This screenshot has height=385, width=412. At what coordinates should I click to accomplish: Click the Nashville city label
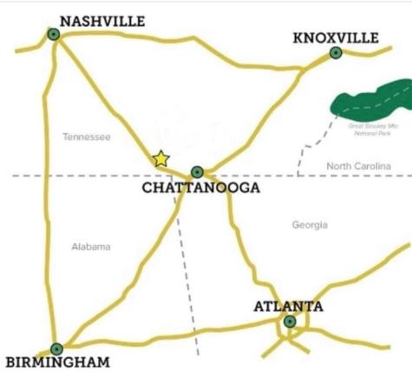(102, 21)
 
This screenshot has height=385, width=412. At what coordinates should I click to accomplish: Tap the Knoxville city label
(336, 37)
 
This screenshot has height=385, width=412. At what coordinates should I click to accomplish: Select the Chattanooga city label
(200, 189)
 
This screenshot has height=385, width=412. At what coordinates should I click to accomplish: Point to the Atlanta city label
(288, 306)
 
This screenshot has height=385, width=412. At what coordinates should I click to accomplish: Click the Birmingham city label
(57, 362)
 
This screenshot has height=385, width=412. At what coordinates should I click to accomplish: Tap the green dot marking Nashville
(54, 34)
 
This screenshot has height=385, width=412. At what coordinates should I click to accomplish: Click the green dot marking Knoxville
(336, 53)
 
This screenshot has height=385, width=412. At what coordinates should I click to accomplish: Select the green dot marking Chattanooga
(197, 171)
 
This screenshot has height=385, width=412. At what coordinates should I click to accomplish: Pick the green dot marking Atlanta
(289, 322)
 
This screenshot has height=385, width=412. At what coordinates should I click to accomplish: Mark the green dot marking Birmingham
(56, 348)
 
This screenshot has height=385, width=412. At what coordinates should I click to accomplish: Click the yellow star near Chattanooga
(160, 159)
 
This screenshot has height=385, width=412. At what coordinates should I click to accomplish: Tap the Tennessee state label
(87, 136)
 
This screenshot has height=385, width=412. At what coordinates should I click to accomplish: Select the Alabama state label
(91, 247)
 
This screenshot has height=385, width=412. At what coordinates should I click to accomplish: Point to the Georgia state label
(310, 224)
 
